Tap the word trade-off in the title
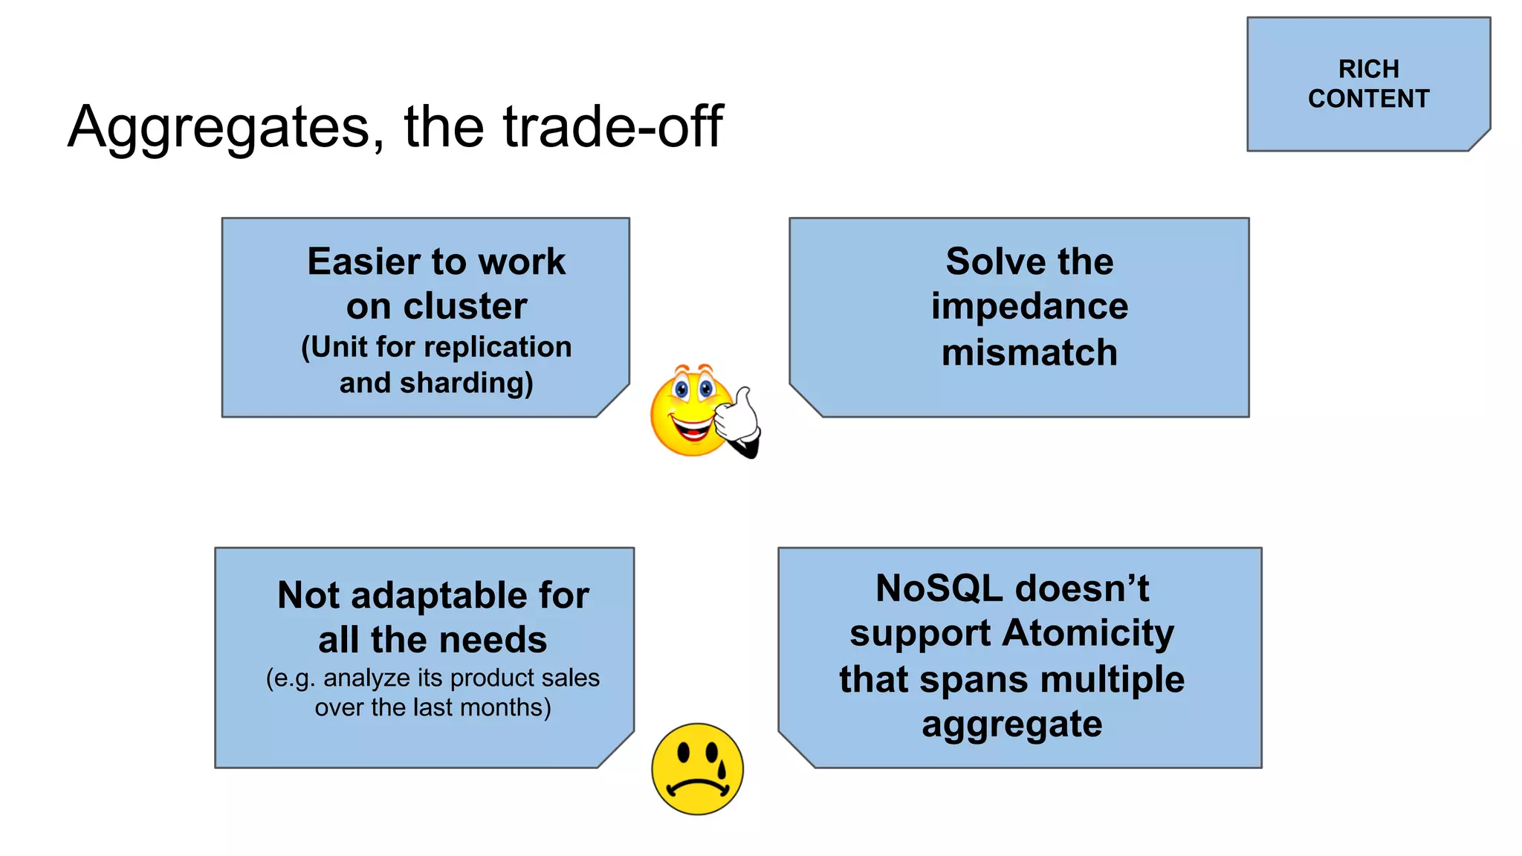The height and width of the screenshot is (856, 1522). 612,126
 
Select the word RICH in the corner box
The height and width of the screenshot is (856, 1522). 1368,69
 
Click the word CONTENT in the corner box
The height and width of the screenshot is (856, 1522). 1368,99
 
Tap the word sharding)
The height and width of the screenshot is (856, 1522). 466,383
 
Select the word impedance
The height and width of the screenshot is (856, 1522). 1029,306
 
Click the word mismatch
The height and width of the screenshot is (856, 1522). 1029,352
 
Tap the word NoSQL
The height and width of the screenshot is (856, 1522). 939,588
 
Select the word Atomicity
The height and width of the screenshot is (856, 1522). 1088,633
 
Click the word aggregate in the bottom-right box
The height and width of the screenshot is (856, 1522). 1012,724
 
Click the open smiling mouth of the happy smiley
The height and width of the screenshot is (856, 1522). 692,429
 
